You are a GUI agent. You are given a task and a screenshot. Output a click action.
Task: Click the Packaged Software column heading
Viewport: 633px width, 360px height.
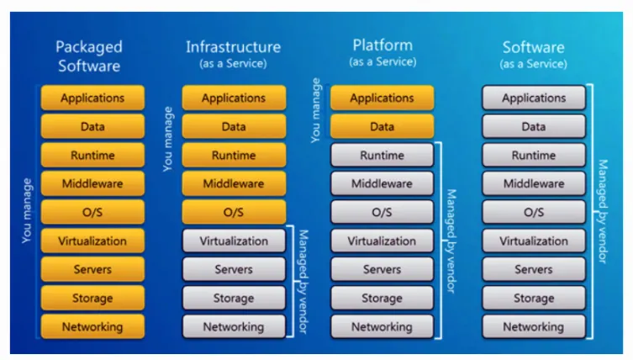[x=89, y=56]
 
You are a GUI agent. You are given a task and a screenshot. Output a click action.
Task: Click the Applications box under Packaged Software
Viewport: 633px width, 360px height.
[x=92, y=98]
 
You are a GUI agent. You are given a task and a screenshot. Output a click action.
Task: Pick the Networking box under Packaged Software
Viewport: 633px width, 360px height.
[x=92, y=326]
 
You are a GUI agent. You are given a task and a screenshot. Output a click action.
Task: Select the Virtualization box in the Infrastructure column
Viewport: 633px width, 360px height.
[x=234, y=241]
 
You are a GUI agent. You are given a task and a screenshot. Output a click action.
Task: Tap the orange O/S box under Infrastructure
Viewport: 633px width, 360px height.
[x=234, y=212]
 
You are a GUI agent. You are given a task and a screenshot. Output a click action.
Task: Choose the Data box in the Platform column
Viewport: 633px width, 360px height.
[x=382, y=127]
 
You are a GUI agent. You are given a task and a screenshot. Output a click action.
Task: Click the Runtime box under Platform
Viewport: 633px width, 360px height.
[x=382, y=156]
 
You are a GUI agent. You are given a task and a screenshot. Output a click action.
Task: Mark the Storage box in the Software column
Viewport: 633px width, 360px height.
[x=534, y=298]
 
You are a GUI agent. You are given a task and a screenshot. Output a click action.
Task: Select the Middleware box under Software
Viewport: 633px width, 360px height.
[x=534, y=184]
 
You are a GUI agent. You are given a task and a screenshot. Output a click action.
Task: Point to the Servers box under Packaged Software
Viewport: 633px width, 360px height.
[x=92, y=270]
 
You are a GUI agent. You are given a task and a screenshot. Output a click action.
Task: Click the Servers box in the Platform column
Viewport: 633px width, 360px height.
[x=382, y=270]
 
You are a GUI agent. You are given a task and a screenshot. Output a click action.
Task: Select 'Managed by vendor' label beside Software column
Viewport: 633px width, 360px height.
[x=602, y=210]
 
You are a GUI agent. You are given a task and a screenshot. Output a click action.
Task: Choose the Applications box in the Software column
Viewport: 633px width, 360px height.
[x=534, y=98]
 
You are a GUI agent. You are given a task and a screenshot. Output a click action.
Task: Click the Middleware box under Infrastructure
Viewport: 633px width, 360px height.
[x=234, y=184]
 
